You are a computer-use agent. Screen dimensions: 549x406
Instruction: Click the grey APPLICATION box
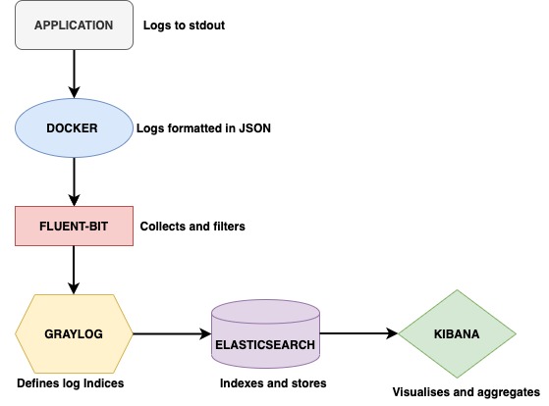coord(74,25)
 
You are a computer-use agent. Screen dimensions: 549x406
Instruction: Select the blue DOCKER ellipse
coord(74,128)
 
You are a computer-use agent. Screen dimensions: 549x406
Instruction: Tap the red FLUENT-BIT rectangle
coord(74,226)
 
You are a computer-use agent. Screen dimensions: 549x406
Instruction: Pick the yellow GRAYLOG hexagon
coord(74,333)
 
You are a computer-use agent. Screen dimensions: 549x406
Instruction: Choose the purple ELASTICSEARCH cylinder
coord(265,333)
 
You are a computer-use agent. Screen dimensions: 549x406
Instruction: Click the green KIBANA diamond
coord(457,333)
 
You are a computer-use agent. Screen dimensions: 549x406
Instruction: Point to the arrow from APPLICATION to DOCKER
coord(74,75)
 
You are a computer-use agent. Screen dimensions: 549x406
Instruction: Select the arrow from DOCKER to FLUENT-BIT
coord(74,181)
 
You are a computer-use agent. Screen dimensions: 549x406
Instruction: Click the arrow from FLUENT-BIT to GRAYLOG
coord(74,270)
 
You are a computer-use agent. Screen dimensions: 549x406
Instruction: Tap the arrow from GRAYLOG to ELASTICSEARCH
coord(172,333)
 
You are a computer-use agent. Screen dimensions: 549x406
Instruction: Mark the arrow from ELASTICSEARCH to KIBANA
coord(358,333)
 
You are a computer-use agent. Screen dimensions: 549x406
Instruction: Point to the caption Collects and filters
coord(192,227)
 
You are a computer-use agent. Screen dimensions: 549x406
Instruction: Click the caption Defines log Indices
coord(71,383)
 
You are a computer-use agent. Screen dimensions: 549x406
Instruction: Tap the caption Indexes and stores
coord(273,383)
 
